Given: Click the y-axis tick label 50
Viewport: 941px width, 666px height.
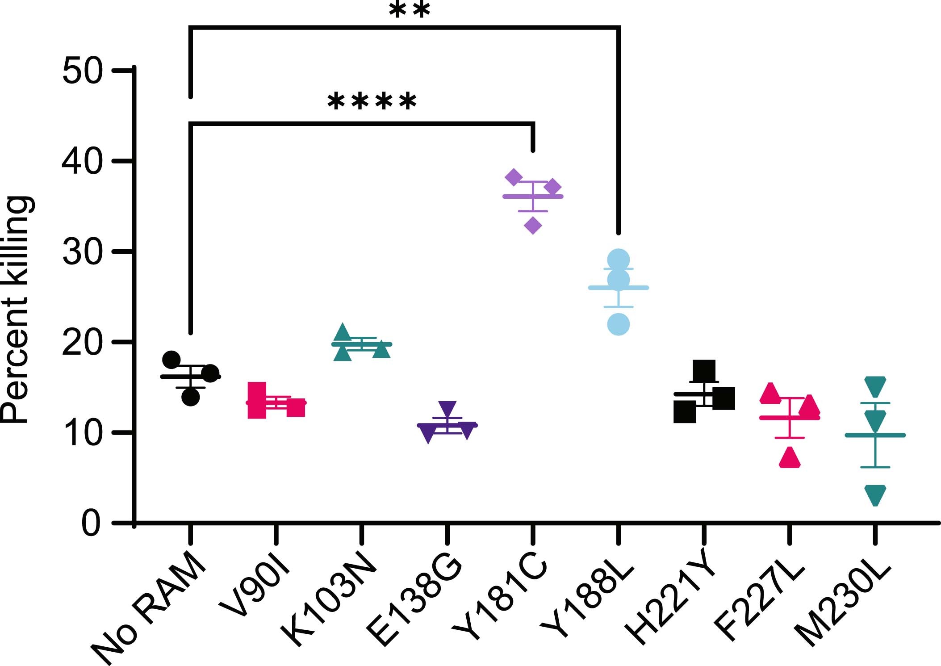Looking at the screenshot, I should point(82,71).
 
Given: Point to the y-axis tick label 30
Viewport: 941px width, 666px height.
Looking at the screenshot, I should point(82,252).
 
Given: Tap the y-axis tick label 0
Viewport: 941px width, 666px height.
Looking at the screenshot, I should point(91,524).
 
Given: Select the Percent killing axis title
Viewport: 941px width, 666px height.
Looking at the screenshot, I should point(17,309).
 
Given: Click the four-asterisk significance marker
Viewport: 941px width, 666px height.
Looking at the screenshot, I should point(372,102).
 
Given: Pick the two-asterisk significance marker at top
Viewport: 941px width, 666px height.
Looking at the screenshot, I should point(410,10).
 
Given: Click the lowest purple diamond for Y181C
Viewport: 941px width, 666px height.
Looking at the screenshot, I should point(533,226).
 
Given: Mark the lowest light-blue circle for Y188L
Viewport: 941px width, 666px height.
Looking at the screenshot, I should point(619,324).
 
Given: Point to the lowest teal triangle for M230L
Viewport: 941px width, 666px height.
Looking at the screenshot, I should point(875,494).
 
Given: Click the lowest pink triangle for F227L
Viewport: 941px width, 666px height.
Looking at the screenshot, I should point(790,458).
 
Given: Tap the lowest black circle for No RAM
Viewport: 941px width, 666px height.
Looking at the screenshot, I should point(191,397).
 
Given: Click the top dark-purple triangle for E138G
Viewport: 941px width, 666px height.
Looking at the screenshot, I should point(447,408).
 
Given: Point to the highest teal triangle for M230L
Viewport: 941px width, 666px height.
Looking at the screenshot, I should point(875,386).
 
